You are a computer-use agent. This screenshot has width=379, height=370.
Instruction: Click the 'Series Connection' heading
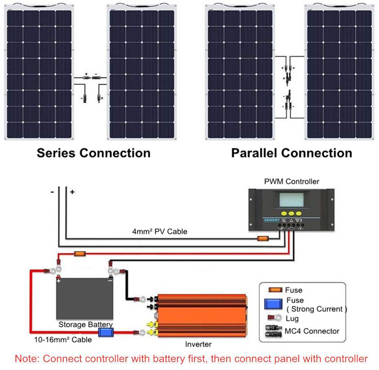(93, 153)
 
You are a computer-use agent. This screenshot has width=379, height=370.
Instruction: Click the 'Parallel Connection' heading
(291, 153)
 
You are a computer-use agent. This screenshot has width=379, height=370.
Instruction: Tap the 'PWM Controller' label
(291, 181)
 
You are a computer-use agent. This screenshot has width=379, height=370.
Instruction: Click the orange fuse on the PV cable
(263, 238)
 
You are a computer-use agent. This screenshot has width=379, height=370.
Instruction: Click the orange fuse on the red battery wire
(79, 253)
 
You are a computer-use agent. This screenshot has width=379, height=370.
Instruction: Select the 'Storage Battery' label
(85, 325)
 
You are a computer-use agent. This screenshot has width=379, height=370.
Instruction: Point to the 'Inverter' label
(198, 345)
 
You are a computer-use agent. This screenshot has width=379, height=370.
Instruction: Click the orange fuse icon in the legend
(276, 290)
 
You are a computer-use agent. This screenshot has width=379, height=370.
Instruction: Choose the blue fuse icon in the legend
(273, 304)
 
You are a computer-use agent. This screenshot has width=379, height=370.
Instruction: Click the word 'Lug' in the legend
(292, 318)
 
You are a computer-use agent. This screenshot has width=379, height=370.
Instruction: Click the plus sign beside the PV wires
(72, 192)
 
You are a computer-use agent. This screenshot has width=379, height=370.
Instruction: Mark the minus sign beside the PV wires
(52, 192)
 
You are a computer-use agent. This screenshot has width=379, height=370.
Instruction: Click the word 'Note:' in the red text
(27, 359)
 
